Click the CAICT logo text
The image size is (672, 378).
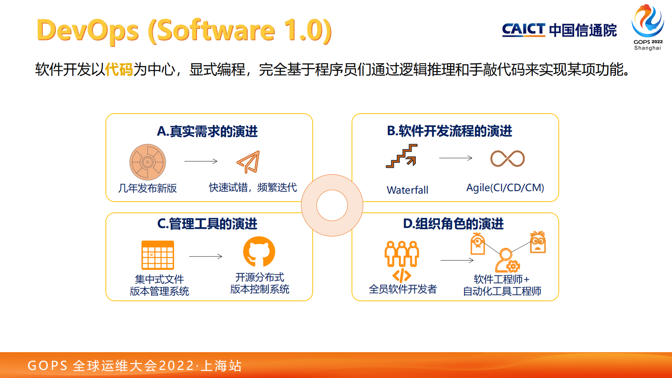coord(523,30)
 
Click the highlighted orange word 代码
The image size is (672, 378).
coord(119,69)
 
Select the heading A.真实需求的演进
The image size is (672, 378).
coord(207,131)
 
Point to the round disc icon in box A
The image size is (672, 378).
coord(147,162)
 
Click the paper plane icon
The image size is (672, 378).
coord(248,161)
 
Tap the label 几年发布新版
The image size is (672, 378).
coord(147,188)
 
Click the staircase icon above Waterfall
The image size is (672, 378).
coord(402,156)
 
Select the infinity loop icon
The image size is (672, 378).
coord(507,158)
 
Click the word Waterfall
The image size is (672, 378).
coord(407,190)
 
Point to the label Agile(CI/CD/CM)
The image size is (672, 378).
coord(505,188)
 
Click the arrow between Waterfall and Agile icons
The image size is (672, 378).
coord(455,158)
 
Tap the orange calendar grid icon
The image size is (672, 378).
coord(158,255)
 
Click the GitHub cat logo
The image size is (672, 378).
coord(259,252)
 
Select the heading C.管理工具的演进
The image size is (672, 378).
coord(207,224)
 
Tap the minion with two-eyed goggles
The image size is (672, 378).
coord(538,242)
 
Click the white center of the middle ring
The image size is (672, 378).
coord(332,206)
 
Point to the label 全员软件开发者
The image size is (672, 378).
coord(403,289)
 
